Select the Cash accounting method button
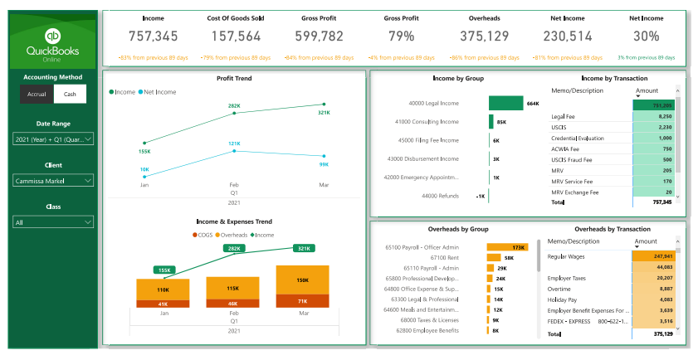70,94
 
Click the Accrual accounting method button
37,94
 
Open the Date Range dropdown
53,140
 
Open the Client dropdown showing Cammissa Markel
53,180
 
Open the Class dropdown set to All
53,221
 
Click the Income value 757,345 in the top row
154,36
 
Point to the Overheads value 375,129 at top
484,36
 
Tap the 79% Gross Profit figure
401,36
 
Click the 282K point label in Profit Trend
234,106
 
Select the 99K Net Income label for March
324,164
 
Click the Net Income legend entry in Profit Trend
157,92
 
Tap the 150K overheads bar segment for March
303,280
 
